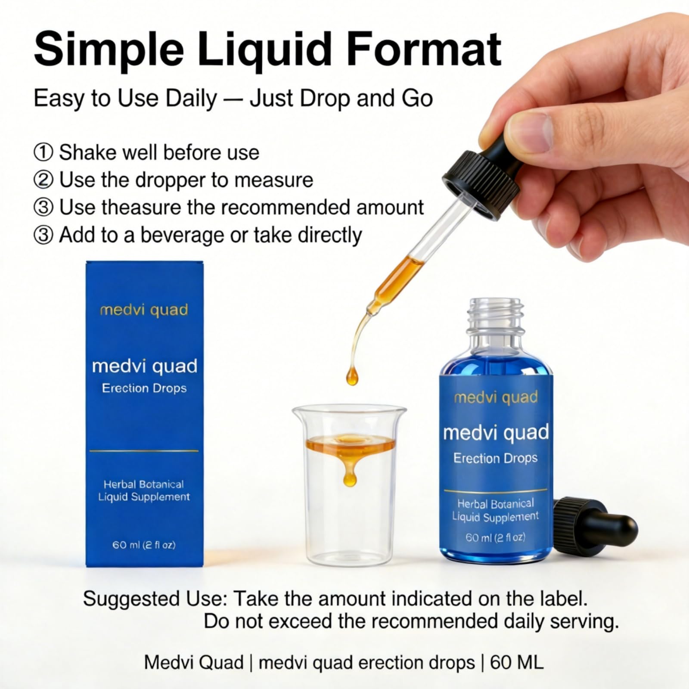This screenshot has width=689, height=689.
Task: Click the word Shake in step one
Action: click(87, 152)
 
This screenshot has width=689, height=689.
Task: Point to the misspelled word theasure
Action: click(142, 207)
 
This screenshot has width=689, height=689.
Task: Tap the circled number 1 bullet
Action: click(43, 153)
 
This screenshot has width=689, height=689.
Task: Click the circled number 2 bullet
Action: click(43, 180)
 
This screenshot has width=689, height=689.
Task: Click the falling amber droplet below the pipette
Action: click(352, 376)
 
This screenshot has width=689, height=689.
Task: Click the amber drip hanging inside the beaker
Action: click(350, 474)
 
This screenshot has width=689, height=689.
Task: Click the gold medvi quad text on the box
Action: click(144, 310)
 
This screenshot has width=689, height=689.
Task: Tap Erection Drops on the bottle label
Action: click(495, 458)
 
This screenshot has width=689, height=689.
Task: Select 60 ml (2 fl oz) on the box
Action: click(144, 545)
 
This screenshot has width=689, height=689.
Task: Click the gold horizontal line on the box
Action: click(144, 451)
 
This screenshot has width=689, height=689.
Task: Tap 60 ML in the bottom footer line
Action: click(517, 663)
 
